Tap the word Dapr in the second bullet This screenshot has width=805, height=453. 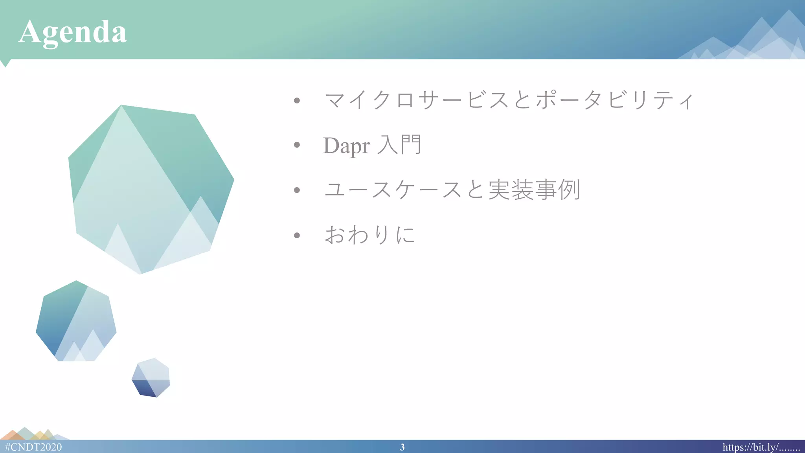pyautogui.click(x=346, y=145)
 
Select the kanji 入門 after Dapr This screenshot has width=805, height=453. pyautogui.click(x=399, y=145)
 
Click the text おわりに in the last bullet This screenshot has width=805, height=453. pyautogui.click(x=369, y=235)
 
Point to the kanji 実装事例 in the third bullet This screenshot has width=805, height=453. pyautogui.click(x=534, y=190)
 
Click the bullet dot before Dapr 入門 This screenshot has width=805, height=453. pyautogui.click(x=297, y=145)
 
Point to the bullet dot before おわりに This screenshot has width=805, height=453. pyautogui.click(x=297, y=236)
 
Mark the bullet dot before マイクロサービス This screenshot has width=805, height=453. pyautogui.click(x=297, y=100)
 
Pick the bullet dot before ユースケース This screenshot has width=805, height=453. pyautogui.click(x=297, y=190)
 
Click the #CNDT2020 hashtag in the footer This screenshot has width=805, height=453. pyautogui.click(x=33, y=447)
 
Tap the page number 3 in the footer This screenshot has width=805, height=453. pyautogui.click(x=402, y=447)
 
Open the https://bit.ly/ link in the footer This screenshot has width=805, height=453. pyautogui.click(x=761, y=447)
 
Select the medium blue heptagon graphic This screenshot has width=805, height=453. pyautogui.click(x=76, y=322)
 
